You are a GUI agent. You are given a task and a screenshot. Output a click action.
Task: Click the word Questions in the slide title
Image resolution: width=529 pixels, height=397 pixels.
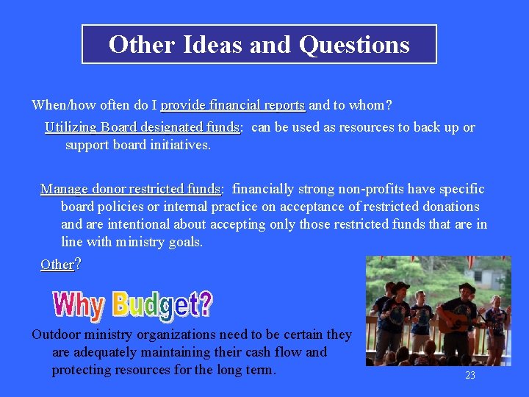pos(354,45)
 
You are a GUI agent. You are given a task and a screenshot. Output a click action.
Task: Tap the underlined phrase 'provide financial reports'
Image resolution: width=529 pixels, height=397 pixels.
pos(232,105)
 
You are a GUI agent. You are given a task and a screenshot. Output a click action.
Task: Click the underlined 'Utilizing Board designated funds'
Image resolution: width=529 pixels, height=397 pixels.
pos(142,127)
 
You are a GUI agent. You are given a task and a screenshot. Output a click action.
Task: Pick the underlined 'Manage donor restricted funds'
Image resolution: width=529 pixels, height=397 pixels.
pos(130,189)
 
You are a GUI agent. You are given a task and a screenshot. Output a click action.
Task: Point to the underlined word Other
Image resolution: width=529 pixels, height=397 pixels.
pos(57,264)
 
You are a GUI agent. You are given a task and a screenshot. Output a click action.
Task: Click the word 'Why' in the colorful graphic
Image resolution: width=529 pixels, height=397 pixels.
pos(80,304)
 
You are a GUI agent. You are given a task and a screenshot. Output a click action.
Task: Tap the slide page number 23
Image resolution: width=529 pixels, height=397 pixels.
pos(470,376)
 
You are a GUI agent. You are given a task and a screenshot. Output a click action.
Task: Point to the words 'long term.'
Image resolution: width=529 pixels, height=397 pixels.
pos(246,370)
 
